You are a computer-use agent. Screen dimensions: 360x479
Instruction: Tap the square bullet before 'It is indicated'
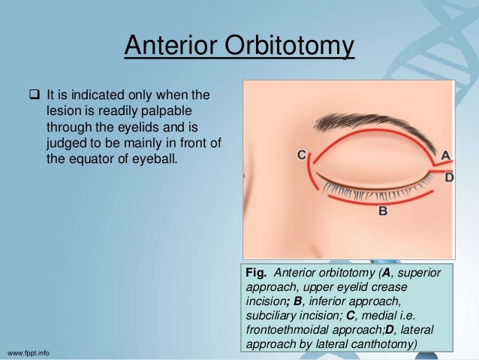[34, 95]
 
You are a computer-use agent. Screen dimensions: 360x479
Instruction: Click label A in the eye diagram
[444, 156]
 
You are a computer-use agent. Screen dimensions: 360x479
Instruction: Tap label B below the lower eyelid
[382, 212]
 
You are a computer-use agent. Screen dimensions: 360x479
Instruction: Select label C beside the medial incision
[301, 155]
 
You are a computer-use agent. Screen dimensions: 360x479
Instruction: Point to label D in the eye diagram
[448, 178]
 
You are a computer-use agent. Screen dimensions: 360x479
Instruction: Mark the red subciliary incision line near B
[375, 201]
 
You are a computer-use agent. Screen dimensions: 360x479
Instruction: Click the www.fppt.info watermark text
[35, 352]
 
